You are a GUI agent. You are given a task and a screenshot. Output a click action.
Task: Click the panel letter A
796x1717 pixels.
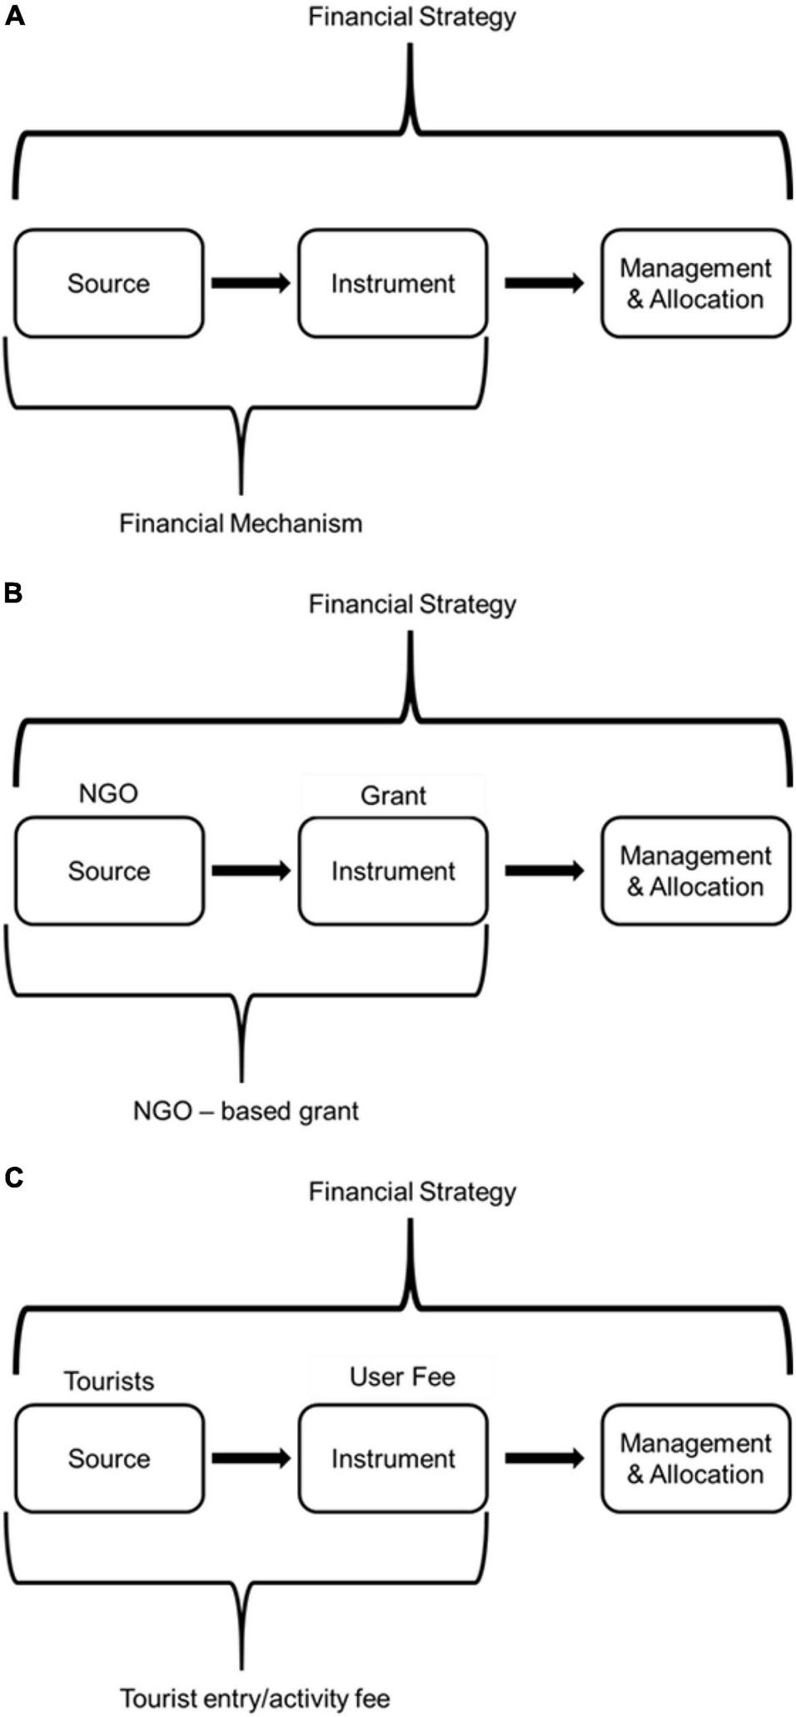pos(14,16)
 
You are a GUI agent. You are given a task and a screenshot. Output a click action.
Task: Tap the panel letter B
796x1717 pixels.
pos(12,593)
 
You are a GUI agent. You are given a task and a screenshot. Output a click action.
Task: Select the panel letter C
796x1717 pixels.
pos(13,1178)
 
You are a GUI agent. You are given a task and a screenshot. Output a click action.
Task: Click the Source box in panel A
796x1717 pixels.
pos(108,283)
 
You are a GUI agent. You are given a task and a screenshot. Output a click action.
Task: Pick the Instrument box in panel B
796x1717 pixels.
pos(393,871)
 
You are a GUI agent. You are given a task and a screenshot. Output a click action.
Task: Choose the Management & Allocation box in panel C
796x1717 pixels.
pos(695,1458)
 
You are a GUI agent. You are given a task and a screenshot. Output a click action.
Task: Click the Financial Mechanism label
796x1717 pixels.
pos(241,524)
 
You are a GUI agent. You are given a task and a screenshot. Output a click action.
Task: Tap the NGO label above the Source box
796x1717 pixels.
pos(108,793)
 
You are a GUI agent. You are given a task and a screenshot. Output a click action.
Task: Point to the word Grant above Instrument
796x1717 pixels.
pos(393,796)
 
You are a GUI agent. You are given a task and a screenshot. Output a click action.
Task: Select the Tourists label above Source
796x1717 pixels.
pos(109,1381)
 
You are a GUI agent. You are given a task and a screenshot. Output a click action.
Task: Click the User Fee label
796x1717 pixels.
pos(402,1377)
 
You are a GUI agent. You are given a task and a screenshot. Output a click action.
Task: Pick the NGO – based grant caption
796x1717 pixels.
pos(246,1111)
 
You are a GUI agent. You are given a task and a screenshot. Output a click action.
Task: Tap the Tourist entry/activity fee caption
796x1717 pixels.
pos(255,1698)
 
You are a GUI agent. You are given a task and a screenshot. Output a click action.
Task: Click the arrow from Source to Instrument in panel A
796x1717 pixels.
pos(251,283)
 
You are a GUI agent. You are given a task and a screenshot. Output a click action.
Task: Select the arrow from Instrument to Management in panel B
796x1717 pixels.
pos(545,871)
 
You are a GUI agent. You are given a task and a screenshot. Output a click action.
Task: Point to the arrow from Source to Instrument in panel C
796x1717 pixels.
pos(251,1458)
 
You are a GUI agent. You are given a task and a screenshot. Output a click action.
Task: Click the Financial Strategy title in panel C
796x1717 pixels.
pos(412,1191)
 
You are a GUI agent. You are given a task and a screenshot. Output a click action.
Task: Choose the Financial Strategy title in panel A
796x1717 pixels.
pos(412,17)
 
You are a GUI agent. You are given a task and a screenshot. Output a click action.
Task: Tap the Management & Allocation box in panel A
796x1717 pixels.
pos(695,283)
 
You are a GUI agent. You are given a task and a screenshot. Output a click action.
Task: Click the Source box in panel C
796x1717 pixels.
pos(108,1458)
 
